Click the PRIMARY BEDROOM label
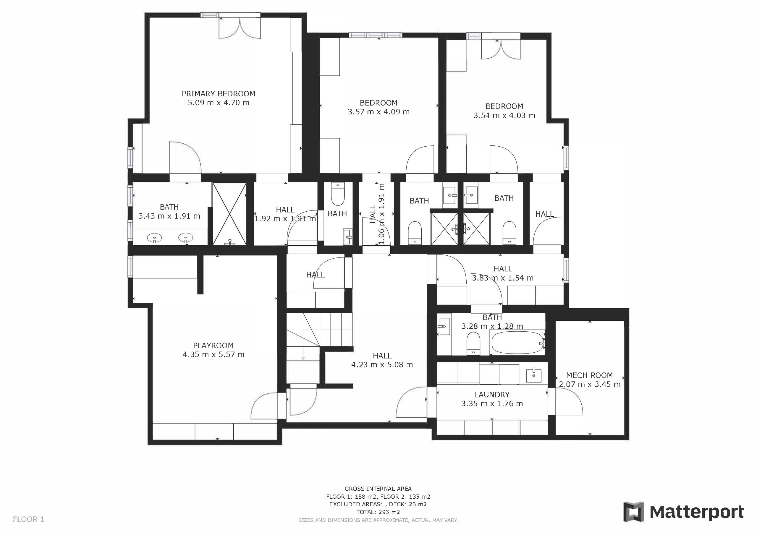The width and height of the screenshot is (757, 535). (x=218, y=94)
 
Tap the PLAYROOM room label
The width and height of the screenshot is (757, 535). (x=213, y=346)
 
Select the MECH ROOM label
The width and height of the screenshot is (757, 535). (x=589, y=375)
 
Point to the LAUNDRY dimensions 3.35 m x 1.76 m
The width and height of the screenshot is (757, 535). (x=492, y=403)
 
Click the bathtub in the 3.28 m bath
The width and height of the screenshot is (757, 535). (x=516, y=343)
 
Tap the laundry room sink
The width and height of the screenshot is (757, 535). (x=533, y=375)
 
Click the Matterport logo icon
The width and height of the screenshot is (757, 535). (x=633, y=512)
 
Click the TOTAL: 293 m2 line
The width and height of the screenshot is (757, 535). (x=378, y=512)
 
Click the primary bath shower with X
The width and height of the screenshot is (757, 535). (x=229, y=214)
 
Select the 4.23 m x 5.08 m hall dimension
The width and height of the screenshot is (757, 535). (x=382, y=364)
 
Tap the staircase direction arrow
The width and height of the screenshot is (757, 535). (x=303, y=358)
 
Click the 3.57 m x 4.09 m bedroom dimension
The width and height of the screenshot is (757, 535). (x=378, y=112)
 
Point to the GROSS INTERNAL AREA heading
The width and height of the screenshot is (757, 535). (x=378, y=489)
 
